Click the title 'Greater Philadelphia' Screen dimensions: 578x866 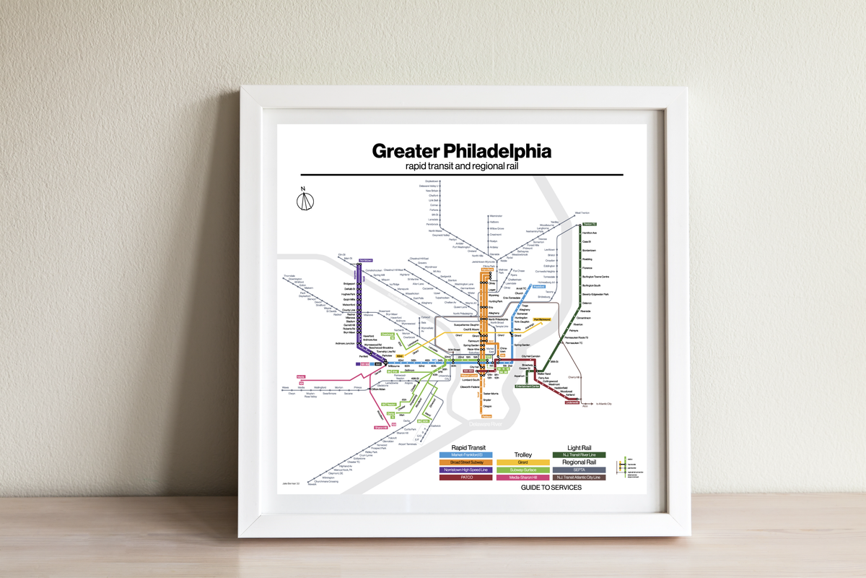pos(461,151)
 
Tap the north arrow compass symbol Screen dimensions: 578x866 pos(304,199)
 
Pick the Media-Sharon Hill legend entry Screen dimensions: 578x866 pos(523,477)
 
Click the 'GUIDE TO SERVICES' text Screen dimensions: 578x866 pos(551,488)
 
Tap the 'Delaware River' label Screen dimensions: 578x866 pos(486,424)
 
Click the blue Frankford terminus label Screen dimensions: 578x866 pos(537,287)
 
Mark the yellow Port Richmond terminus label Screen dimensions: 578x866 pos(542,319)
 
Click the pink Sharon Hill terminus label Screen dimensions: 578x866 pos(381,427)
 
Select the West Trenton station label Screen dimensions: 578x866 pos(582,213)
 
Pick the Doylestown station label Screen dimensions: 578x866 pos(432,181)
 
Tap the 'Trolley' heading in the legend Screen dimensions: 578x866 pos(523,455)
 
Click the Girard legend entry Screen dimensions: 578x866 pos(523,462)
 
